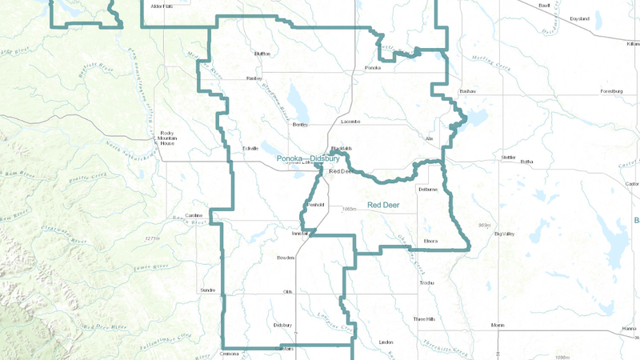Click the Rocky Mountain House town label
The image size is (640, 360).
[167, 137]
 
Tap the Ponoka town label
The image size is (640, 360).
[372, 68]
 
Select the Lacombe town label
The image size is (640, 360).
[350, 122]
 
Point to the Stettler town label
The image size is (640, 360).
[508, 157]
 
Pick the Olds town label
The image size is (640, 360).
[288, 292]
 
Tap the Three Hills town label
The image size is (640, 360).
[424, 319]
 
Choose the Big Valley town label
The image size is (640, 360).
[506, 234]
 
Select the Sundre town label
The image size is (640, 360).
[208, 290]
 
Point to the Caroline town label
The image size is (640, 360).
[194, 216]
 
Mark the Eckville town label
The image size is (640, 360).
[250, 148]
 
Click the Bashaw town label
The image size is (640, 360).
[467, 91]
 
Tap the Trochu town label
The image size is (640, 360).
[426, 282]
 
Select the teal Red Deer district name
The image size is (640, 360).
[383, 206]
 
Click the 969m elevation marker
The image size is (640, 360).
[483, 226]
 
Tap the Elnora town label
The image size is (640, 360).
[430, 240]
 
